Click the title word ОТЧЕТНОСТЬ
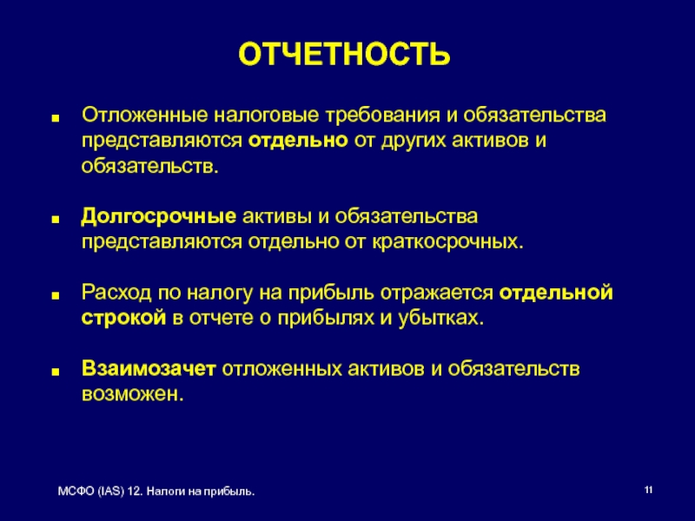point(344,54)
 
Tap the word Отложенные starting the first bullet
point(144,115)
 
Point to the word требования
point(383,115)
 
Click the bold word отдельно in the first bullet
point(298,141)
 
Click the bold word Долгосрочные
point(159,216)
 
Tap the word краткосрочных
point(447,242)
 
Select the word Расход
point(116,293)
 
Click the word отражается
point(437,293)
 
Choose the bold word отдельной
point(556,293)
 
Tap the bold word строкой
point(123,318)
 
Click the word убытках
point(440,319)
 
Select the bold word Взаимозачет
point(149,368)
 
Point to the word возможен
point(133,394)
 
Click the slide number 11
point(648,491)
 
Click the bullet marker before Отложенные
point(56,119)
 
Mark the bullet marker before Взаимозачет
point(56,373)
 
